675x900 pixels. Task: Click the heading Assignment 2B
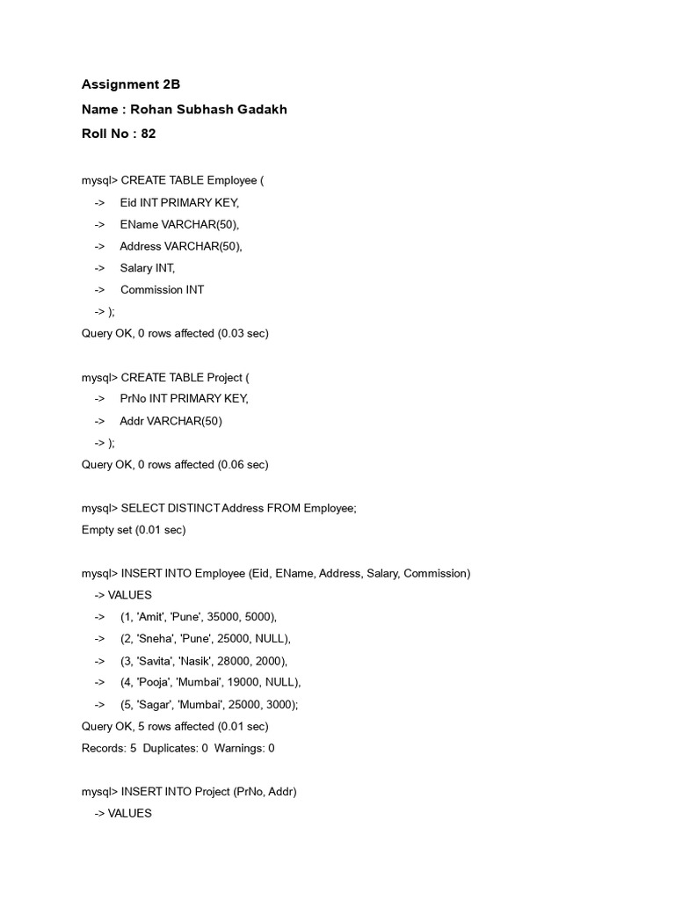[x=130, y=84]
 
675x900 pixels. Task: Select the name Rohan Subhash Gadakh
[x=208, y=109]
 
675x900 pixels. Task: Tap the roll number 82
[x=149, y=134]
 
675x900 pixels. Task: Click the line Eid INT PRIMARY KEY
[x=179, y=202]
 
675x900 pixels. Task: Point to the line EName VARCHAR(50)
[x=179, y=224]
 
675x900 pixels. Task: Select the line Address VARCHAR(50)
[x=181, y=246]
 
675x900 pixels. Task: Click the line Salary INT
[x=148, y=268]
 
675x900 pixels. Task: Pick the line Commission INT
[x=162, y=289]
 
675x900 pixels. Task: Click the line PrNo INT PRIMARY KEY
[x=184, y=398]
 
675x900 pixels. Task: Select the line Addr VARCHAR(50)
[x=171, y=420]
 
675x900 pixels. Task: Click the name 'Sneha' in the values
[x=155, y=638]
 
